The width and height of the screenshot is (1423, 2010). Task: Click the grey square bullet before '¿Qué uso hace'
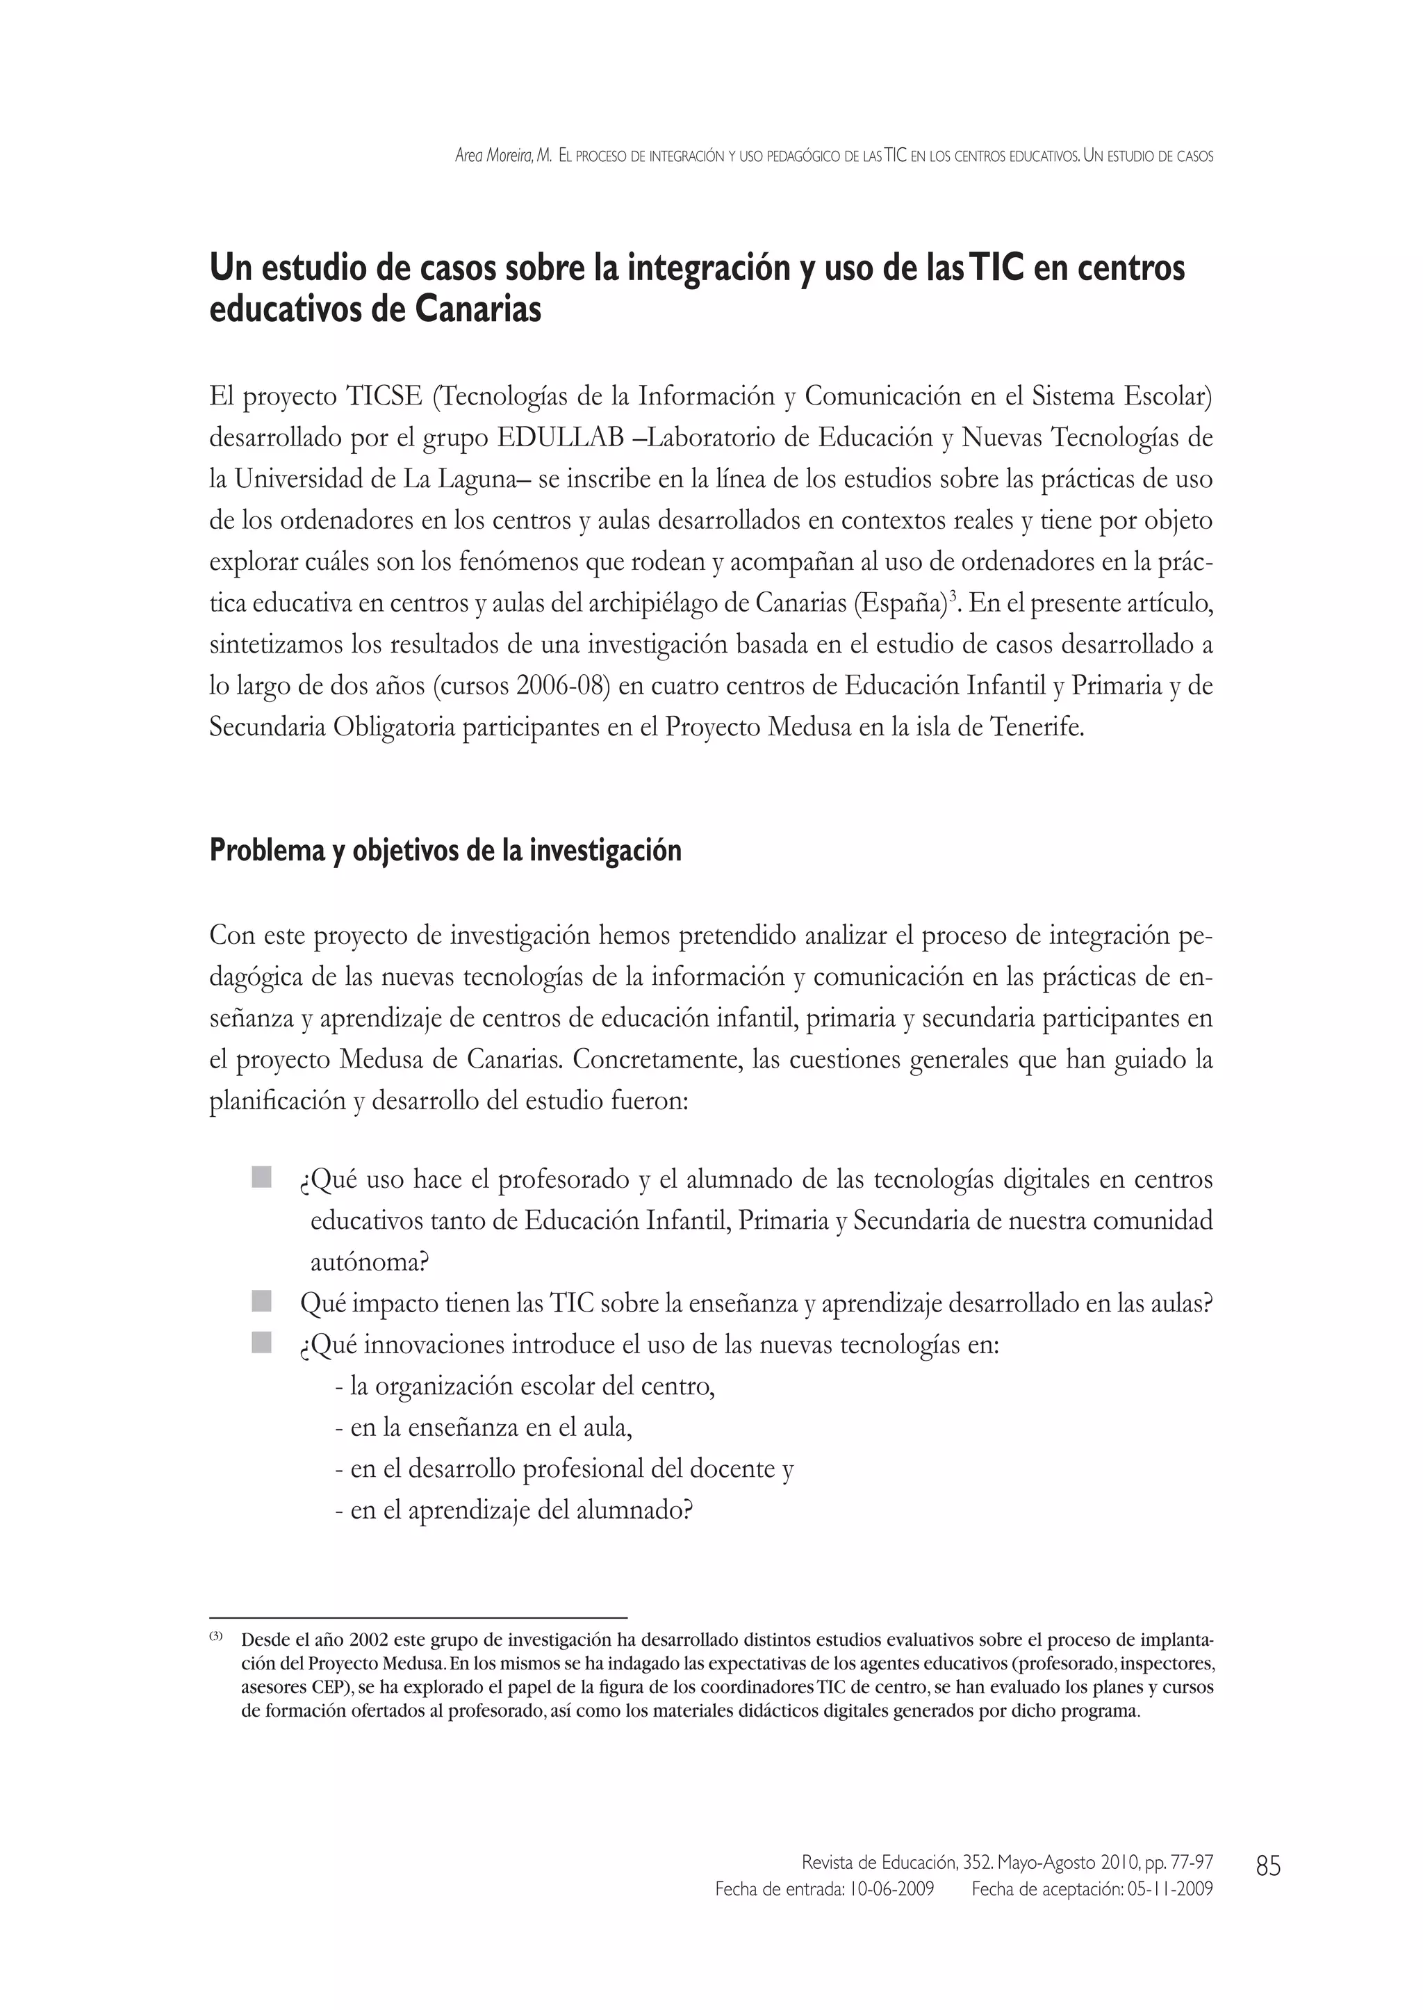pyautogui.click(x=261, y=1177)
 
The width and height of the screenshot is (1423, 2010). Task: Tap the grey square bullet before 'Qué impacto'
pyautogui.click(x=261, y=1302)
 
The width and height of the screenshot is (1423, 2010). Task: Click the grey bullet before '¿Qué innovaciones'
pyautogui.click(x=261, y=1342)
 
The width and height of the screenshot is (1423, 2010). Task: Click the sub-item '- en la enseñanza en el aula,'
pyautogui.click(x=484, y=1428)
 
